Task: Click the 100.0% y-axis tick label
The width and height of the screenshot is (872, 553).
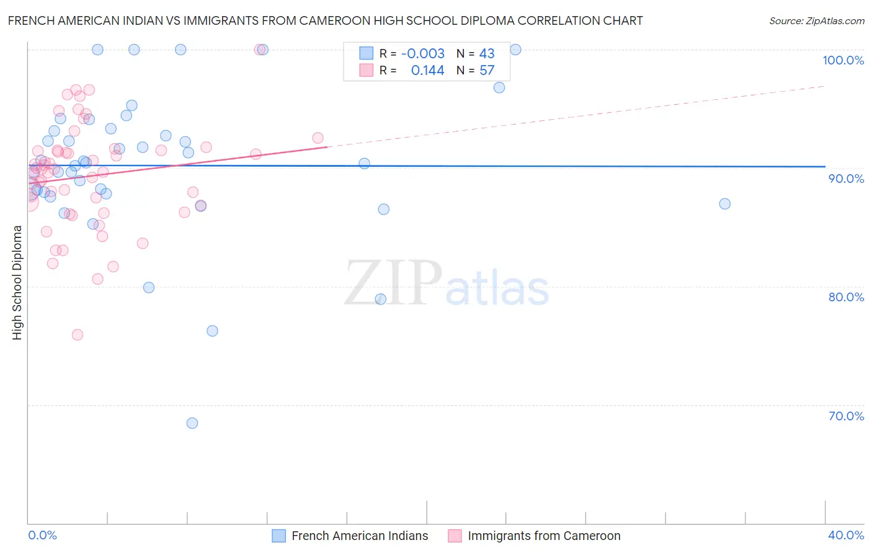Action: click(843, 60)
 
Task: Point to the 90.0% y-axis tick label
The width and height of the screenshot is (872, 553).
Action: click(846, 179)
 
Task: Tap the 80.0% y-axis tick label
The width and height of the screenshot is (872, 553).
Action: click(846, 297)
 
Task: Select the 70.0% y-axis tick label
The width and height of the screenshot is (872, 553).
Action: click(846, 416)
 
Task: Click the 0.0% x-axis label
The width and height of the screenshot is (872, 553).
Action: click(42, 535)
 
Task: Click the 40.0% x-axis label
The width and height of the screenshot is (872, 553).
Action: click(846, 535)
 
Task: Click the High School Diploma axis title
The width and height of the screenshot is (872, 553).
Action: click(17, 282)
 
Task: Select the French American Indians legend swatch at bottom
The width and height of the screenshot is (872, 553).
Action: click(279, 536)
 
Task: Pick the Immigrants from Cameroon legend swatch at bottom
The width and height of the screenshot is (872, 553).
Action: click(455, 536)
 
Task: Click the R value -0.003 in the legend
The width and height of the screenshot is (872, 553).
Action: click(422, 54)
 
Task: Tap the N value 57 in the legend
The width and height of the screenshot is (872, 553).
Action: click(487, 71)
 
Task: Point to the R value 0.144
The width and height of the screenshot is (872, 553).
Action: click(427, 71)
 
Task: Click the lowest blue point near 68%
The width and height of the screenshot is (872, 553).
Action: click(192, 423)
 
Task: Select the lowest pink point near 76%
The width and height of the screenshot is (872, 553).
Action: click(78, 335)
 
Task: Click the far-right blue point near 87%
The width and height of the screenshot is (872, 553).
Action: click(724, 204)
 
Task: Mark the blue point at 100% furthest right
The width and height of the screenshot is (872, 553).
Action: click(515, 50)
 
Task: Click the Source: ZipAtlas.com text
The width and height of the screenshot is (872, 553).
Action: click(816, 21)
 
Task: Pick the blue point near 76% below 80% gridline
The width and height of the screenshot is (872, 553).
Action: click(212, 331)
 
